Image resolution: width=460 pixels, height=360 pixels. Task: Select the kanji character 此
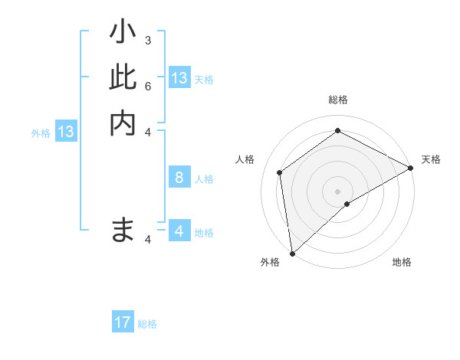coord(123,77)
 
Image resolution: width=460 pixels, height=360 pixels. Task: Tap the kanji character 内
coord(123,123)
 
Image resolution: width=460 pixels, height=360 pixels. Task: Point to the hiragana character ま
coord(123,229)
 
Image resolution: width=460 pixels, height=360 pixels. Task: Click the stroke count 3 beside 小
coord(147,40)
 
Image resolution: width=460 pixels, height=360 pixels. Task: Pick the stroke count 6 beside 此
coord(147,85)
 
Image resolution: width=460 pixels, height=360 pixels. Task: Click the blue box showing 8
coord(179,178)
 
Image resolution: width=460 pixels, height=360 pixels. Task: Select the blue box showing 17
coord(123,322)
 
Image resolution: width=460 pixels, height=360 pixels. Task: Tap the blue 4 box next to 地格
coord(179,231)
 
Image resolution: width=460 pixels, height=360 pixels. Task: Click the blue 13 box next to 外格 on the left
coord(66,132)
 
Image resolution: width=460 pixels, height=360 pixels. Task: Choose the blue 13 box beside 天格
coord(179,78)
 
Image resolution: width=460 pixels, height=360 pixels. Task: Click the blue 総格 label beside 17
coord(147,324)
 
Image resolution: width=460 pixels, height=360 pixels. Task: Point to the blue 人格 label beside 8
coord(204,179)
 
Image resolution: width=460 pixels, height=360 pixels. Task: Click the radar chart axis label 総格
coord(338,100)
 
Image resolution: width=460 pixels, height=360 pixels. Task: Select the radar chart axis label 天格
coord(431,159)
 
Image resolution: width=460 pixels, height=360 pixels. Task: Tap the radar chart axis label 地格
coord(402,262)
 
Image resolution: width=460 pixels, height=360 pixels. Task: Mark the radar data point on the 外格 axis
coord(292,253)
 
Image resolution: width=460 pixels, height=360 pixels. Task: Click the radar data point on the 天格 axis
coord(410,167)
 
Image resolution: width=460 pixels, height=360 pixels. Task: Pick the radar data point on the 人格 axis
coord(280,172)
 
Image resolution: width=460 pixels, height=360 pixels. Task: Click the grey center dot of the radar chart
coord(338,191)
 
